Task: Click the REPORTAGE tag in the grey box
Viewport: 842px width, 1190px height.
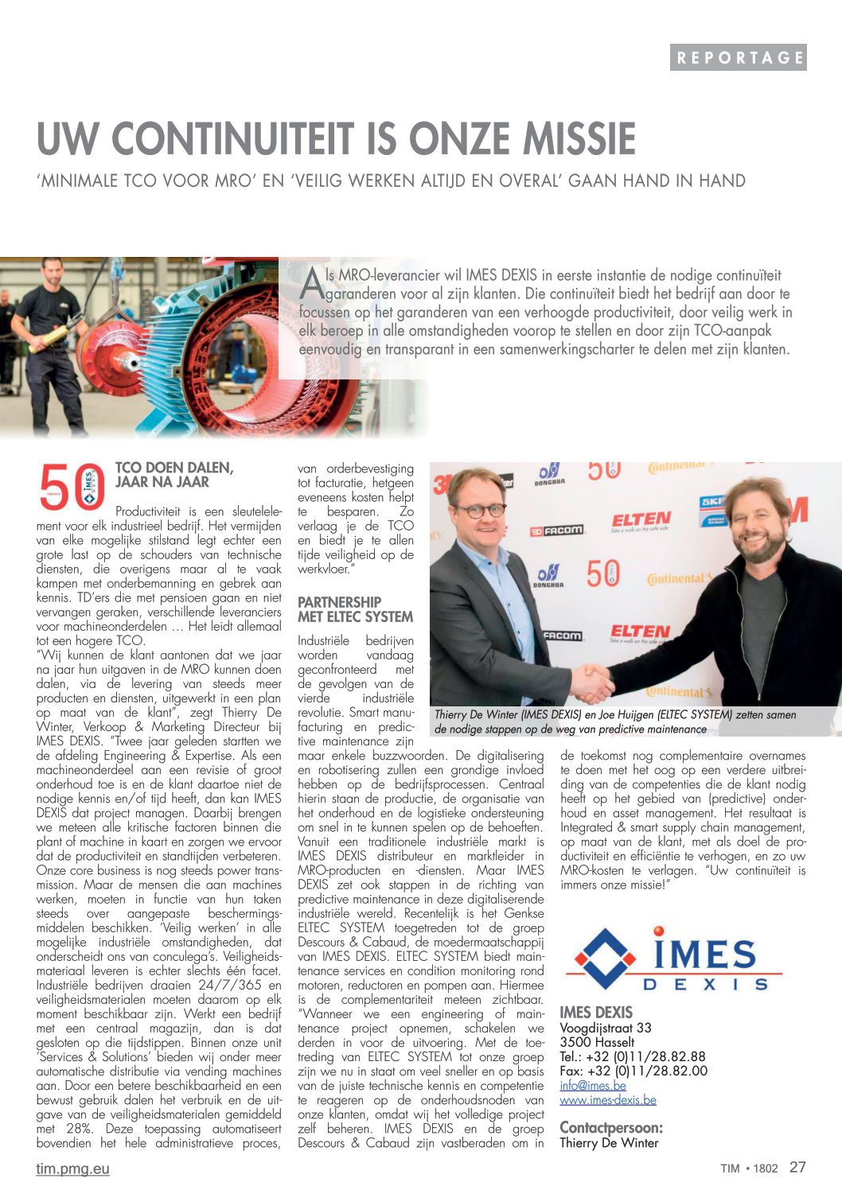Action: click(x=739, y=57)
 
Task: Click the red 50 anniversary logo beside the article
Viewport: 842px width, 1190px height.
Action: click(x=72, y=486)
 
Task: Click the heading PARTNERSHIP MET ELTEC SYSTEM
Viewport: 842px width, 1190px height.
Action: click(x=355, y=609)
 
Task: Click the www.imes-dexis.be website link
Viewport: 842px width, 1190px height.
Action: click(x=608, y=1099)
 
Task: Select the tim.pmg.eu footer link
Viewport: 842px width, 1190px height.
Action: click(x=72, y=1169)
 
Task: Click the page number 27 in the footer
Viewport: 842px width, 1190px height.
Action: click(x=797, y=1167)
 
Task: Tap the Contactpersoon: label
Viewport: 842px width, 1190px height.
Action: click(x=611, y=1127)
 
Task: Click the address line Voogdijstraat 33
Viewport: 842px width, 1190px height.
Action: click(x=606, y=1028)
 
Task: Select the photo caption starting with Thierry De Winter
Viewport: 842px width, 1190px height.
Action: click(x=614, y=721)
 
